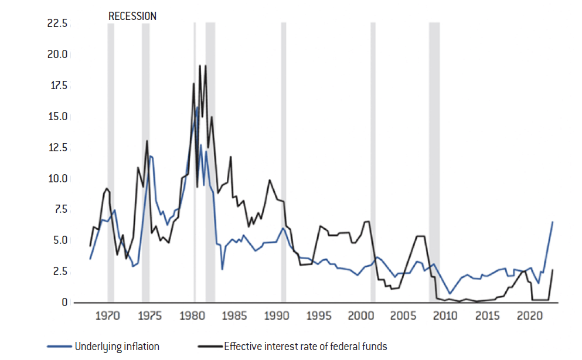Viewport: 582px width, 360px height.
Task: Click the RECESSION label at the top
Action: pyautogui.click(x=132, y=16)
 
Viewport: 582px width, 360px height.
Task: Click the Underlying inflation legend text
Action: pyautogui.click(x=117, y=346)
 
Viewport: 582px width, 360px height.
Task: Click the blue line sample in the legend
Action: pyautogui.click(x=60, y=346)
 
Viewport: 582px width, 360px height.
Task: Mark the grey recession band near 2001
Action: pyautogui.click(x=373, y=164)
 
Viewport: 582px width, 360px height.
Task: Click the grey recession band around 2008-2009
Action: pyautogui.click(x=434, y=164)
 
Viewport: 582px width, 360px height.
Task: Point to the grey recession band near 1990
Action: pyautogui.click(x=284, y=164)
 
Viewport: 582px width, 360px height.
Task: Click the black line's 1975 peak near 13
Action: pyautogui.click(x=147, y=141)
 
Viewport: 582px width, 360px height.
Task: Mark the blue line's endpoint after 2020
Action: pyautogui.click(x=553, y=222)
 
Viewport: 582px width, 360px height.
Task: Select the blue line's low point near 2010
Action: pyautogui.click(x=450, y=293)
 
